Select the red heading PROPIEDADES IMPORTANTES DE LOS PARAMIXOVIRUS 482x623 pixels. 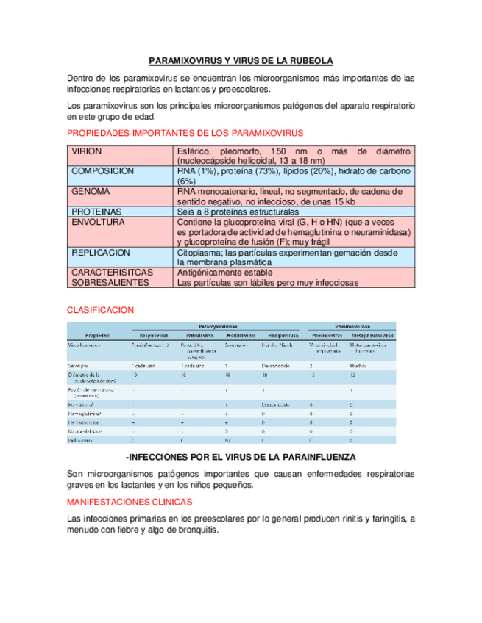click(185, 133)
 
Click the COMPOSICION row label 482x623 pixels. click(102, 170)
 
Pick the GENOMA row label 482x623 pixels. click(91, 191)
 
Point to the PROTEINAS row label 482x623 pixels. click(96, 212)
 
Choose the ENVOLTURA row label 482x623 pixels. click(97, 222)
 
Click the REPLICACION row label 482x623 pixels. click(100, 252)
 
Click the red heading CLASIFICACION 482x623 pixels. click(100, 310)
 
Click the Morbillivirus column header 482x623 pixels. click(238, 335)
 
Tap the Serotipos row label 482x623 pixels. click(79, 365)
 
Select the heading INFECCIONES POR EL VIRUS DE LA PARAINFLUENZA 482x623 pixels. click(241, 457)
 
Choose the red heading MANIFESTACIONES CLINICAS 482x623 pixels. click(130, 502)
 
